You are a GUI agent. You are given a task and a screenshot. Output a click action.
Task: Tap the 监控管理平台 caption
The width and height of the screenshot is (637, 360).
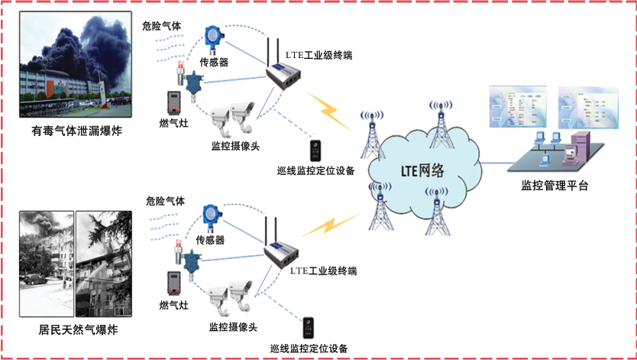point(555,185)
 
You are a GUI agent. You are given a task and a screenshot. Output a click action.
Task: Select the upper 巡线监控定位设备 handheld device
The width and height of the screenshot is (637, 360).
point(314,149)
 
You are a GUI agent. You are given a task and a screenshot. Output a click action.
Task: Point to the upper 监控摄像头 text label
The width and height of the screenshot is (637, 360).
point(234,144)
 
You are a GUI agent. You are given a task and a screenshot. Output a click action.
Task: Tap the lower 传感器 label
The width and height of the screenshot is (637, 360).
point(211,239)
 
